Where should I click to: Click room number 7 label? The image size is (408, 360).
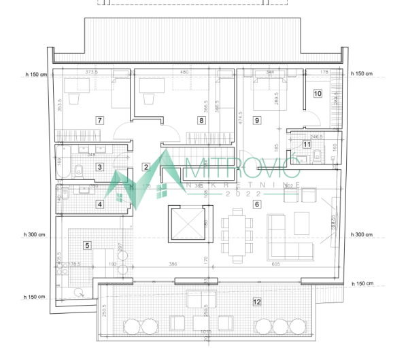100,120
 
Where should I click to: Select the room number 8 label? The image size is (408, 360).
201,121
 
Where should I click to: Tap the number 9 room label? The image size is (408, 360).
257,121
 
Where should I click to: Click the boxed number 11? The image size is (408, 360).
307,144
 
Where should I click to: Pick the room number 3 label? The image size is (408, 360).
100,166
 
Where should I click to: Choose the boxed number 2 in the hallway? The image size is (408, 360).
146,166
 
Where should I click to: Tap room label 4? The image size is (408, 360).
100,204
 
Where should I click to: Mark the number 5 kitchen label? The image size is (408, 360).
86,245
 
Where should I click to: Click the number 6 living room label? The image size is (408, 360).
257,204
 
